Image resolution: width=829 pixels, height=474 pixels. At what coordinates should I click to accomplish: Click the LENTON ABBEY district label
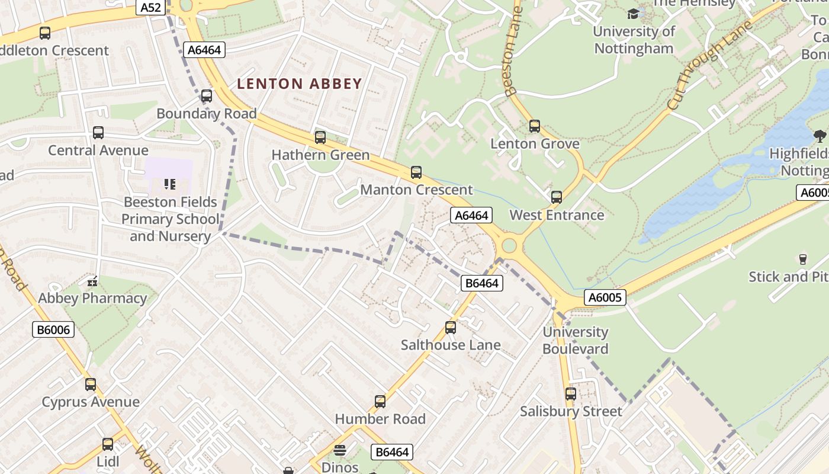[299, 84]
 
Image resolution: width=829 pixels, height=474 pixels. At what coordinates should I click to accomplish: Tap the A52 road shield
[150, 7]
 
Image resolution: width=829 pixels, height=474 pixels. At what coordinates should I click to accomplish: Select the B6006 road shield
[53, 330]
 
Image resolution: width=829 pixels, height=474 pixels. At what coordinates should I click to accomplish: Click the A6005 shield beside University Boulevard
[605, 297]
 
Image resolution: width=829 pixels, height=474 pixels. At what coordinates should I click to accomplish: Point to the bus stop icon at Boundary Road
[207, 96]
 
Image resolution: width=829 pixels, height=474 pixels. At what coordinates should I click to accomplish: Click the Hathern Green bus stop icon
[320, 137]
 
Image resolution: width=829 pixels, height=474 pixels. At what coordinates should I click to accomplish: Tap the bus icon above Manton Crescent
[416, 172]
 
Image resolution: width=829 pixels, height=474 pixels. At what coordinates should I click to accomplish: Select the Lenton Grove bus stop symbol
[535, 126]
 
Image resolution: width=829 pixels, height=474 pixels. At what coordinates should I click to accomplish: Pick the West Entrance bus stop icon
[557, 197]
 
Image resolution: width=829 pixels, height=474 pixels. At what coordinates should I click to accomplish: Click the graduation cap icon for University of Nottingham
[634, 13]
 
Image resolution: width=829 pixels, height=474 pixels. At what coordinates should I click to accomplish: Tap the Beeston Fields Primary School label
[171, 219]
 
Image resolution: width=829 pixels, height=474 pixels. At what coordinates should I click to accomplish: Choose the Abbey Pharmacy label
[92, 298]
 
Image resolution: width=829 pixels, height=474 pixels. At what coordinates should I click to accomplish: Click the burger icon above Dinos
[340, 450]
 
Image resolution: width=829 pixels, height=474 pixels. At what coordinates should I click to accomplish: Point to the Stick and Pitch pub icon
[803, 259]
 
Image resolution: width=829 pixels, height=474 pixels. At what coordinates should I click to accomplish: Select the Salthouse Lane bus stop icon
[451, 328]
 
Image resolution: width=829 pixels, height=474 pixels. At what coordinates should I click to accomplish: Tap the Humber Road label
[380, 419]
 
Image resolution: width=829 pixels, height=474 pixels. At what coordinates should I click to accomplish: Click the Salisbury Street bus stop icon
[571, 394]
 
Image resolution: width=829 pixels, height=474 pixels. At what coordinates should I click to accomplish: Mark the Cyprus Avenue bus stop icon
[91, 385]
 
